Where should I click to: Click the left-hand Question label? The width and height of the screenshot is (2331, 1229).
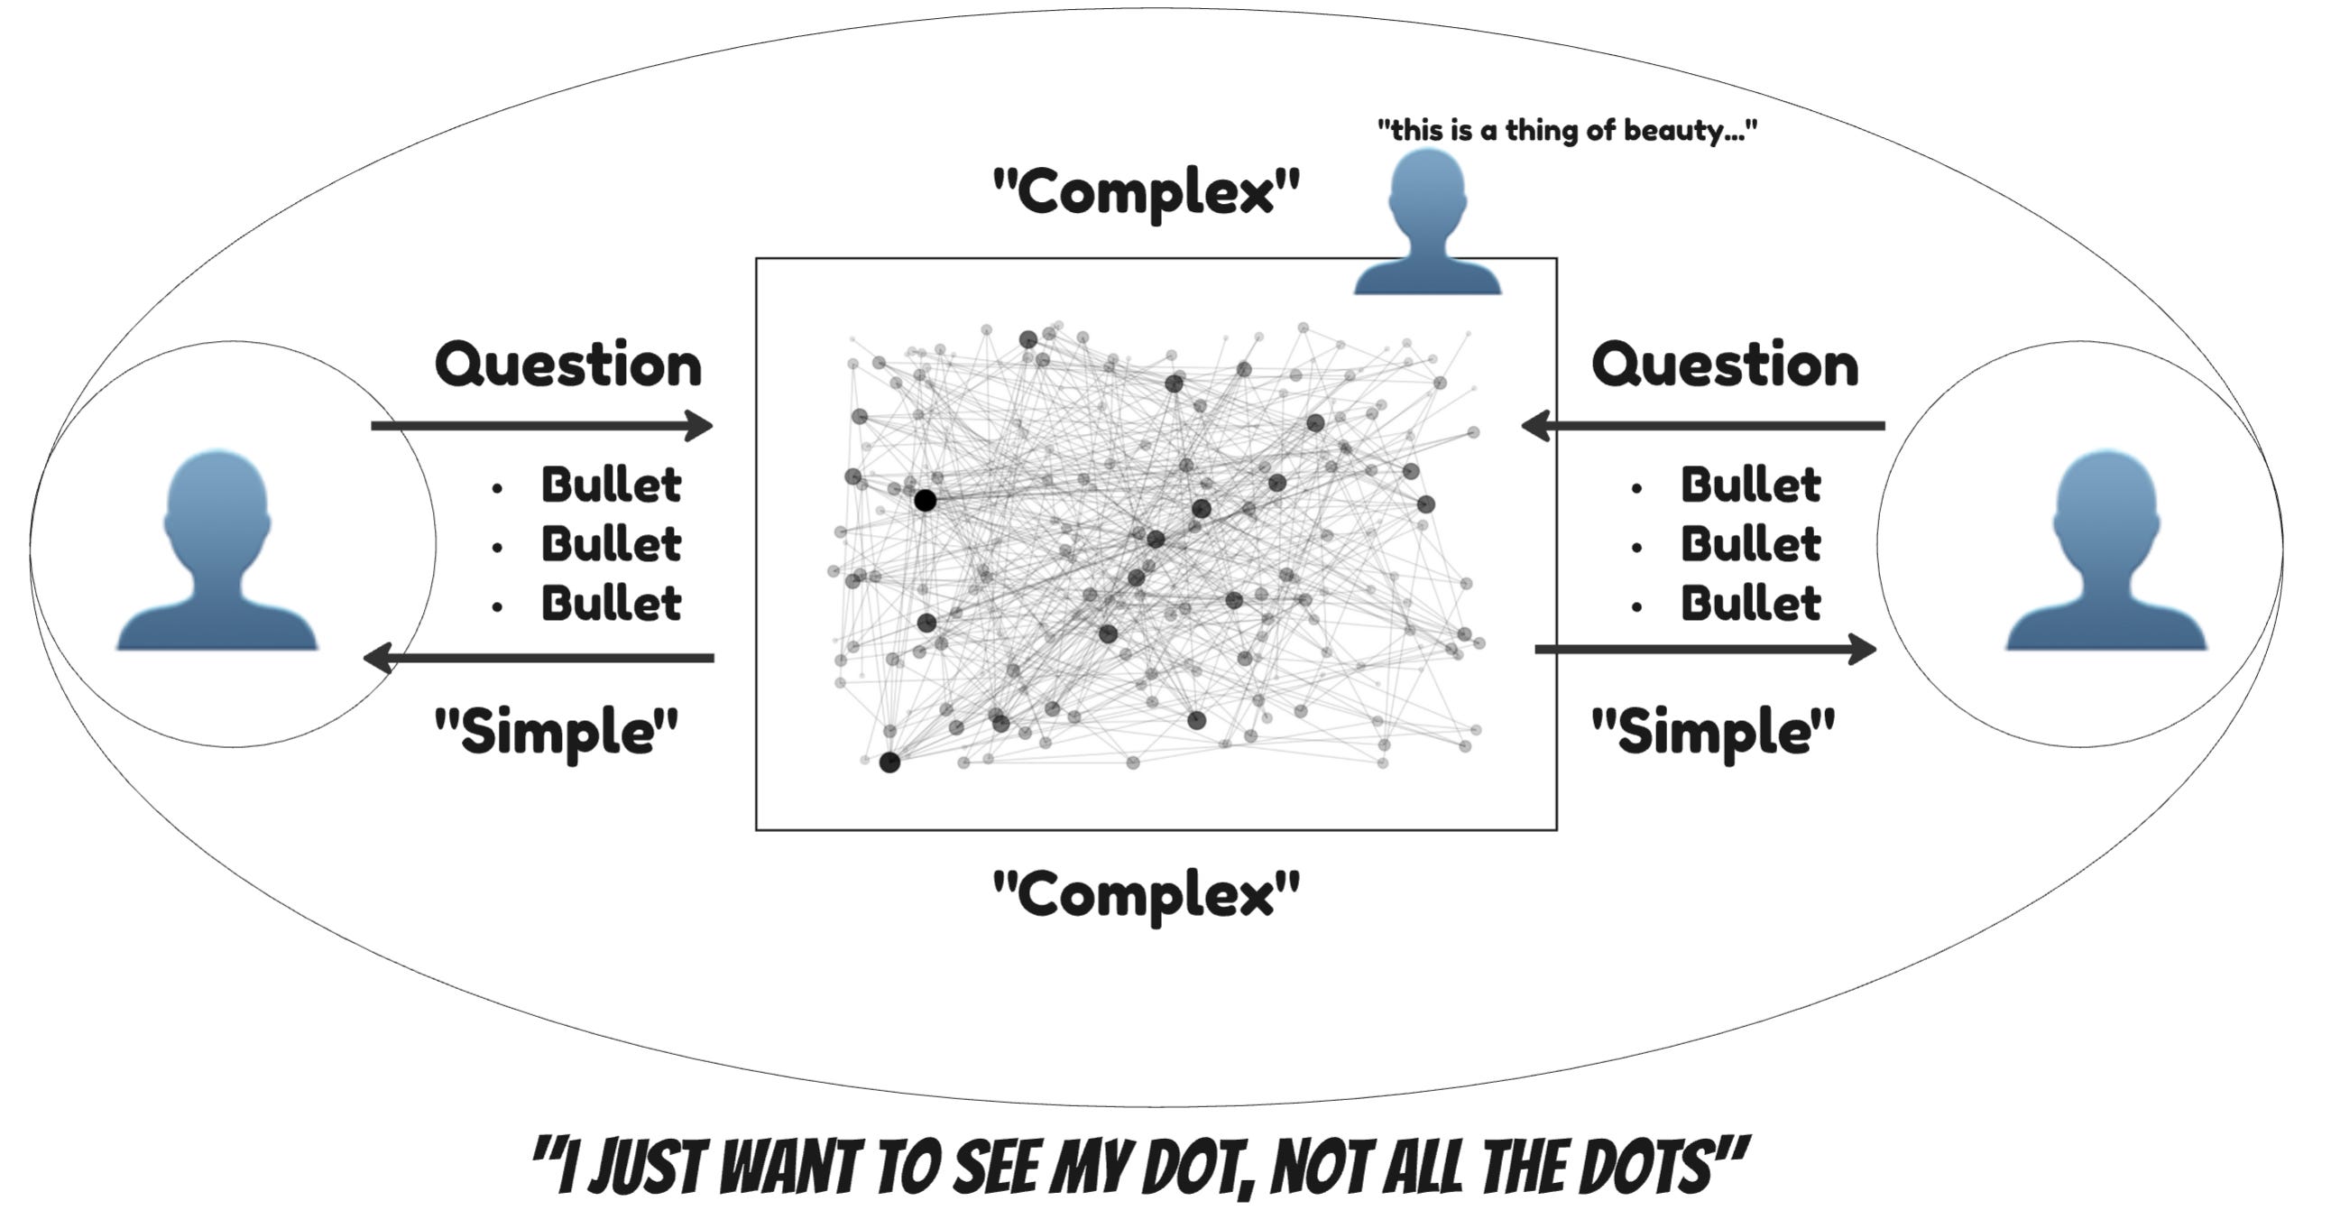[x=568, y=365]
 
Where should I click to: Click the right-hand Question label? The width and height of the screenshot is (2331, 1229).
[x=1725, y=365]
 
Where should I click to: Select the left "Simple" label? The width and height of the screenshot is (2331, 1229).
[x=557, y=731]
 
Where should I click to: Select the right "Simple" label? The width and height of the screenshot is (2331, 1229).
[x=1713, y=731]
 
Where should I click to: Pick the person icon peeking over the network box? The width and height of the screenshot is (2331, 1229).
[x=1427, y=223]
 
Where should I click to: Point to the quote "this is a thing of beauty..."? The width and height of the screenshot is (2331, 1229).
[x=1566, y=131]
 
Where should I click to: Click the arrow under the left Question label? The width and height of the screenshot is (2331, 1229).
[x=541, y=425]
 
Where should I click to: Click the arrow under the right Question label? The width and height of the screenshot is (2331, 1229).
[x=1702, y=425]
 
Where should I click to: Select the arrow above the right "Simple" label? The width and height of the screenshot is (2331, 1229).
[x=1705, y=649]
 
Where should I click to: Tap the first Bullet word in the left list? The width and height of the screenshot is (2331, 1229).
[x=611, y=485]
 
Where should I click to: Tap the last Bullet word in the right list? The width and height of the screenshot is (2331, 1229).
[x=1751, y=604]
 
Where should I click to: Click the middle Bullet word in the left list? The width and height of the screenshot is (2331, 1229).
[x=611, y=545]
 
